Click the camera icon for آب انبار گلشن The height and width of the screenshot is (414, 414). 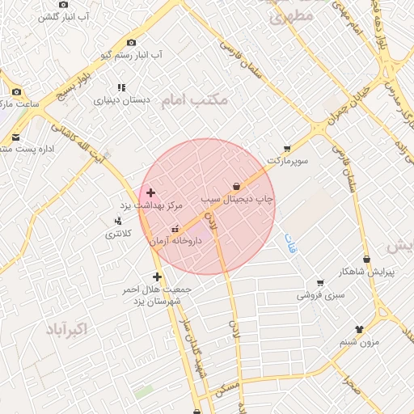pos(63,5)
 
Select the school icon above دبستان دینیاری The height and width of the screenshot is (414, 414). pos(121,87)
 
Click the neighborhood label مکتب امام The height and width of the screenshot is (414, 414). pos(194,99)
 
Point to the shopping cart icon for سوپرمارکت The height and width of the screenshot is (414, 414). pos(287,149)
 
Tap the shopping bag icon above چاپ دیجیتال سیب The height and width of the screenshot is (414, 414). pos(236,186)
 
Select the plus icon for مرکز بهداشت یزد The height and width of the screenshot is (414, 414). pos(150,192)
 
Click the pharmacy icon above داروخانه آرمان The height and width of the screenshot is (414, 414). pos(176,230)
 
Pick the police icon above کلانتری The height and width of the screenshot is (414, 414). pos(119,221)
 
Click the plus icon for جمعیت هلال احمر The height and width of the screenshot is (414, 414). pos(157,277)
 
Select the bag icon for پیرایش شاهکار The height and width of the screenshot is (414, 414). pos(367,260)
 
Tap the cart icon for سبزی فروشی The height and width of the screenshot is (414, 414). pos(320,283)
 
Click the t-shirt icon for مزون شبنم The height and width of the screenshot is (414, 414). pos(360,329)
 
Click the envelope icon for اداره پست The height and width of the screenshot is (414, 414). pos(16,137)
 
